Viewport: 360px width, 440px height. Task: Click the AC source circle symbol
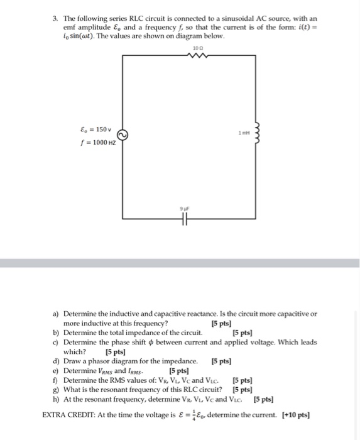(x=124, y=135)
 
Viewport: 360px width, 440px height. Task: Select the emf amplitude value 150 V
(x=102, y=130)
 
